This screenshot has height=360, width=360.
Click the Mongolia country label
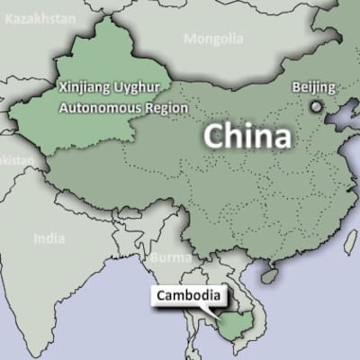pyautogui.click(x=212, y=39)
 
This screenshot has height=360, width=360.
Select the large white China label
pyautogui.click(x=247, y=137)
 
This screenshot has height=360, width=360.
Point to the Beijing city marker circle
pyautogui.click(x=316, y=107)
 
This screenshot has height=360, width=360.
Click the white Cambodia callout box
pyautogui.click(x=188, y=294)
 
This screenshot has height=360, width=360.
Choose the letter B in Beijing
pyautogui.click(x=298, y=86)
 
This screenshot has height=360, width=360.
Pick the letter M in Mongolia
pyautogui.click(x=188, y=39)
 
